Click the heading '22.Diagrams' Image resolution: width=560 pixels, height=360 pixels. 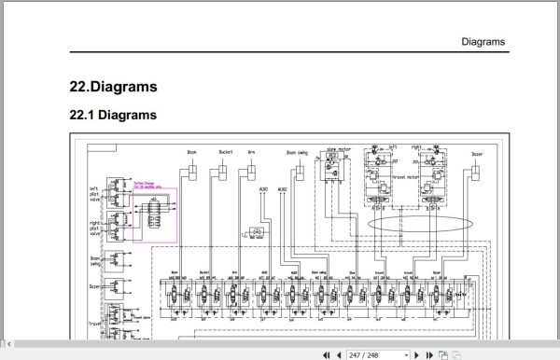[113, 88]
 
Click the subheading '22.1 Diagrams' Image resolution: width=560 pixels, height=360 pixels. [113, 116]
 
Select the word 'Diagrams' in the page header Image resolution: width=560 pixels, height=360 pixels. [483, 42]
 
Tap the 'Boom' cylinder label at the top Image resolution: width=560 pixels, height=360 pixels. [191, 151]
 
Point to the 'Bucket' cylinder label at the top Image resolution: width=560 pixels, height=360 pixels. [223, 151]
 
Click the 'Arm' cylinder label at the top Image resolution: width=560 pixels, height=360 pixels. [251, 151]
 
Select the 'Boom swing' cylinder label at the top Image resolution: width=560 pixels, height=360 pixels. [298, 151]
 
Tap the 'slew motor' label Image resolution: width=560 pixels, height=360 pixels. [338, 148]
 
